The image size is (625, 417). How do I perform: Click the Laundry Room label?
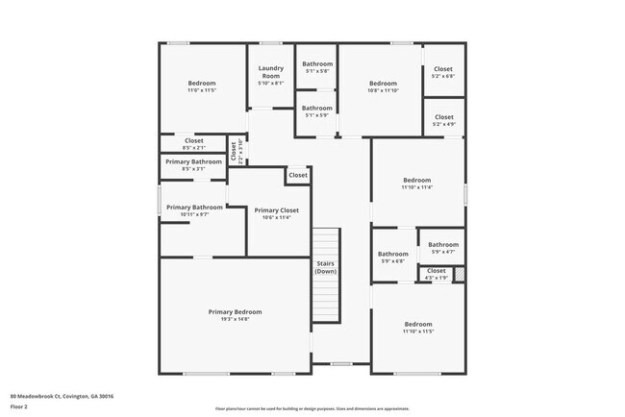pyautogui.click(x=271, y=72)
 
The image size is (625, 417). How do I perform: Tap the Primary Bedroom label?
pyautogui.click(x=236, y=312)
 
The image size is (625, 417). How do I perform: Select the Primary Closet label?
pyautogui.click(x=276, y=209)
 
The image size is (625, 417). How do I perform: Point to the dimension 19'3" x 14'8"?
pyautogui.click(x=236, y=319)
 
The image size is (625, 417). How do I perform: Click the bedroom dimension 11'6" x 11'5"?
pyautogui.click(x=202, y=90)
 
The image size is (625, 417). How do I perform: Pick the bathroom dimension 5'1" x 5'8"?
pyautogui.click(x=317, y=71)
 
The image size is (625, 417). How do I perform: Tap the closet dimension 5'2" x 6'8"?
pyautogui.click(x=443, y=76)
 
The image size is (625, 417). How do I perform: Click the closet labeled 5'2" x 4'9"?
pyautogui.click(x=443, y=124)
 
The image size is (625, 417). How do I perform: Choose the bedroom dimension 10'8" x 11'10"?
pyautogui.click(x=383, y=90)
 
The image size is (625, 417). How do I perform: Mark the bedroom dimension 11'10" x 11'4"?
pyautogui.click(x=417, y=187)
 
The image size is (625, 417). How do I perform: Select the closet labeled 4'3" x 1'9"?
pyautogui.click(x=437, y=278)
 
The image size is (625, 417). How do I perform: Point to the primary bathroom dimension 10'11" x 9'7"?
pyautogui.click(x=194, y=214)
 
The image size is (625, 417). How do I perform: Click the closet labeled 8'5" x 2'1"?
pyautogui.click(x=194, y=147)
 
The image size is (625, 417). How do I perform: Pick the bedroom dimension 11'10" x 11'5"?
pyautogui.click(x=418, y=331)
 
